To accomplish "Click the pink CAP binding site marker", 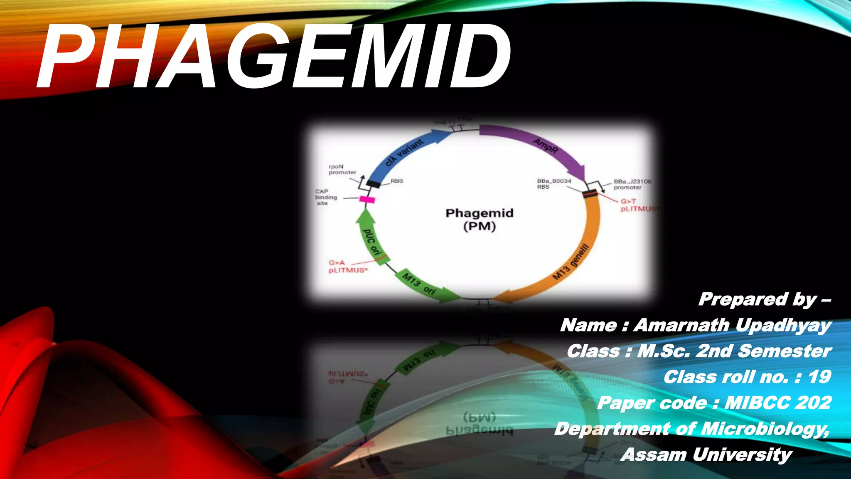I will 367,200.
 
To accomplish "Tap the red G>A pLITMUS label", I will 348,267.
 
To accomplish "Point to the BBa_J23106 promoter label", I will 632,185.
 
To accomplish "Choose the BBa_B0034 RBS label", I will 554,184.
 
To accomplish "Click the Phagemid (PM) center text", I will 480,220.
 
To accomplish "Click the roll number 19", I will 819,377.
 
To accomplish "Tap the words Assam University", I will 706,454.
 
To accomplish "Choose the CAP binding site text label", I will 326,198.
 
